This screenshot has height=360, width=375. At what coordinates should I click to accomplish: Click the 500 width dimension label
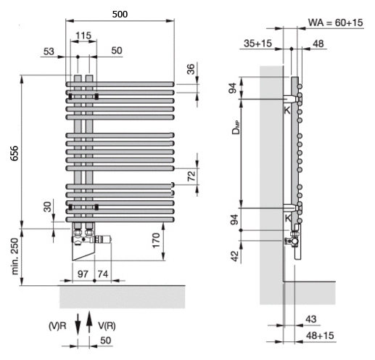click(x=120, y=15)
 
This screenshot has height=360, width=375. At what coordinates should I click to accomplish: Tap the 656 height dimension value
click(x=15, y=153)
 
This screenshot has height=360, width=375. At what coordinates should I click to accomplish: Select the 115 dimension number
click(x=83, y=36)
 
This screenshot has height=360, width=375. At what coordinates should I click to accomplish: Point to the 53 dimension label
click(x=49, y=52)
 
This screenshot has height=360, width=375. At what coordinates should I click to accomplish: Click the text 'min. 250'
click(x=15, y=256)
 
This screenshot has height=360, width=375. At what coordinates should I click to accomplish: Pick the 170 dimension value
click(x=156, y=240)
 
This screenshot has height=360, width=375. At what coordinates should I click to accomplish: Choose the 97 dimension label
click(x=83, y=274)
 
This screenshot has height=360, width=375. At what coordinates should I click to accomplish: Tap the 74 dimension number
click(x=103, y=274)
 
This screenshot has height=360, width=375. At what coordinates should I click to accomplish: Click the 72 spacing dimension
click(x=191, y=176)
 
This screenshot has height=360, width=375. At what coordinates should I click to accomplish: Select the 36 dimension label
click(x=191, y=69)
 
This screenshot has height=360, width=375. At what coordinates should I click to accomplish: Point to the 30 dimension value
click(x=48, y=207)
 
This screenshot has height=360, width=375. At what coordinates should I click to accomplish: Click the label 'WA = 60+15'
click(x=336, y=22)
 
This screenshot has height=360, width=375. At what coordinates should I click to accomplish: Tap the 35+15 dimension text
click(x=258, y=44)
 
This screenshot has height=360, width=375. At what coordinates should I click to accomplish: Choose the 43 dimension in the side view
click(x=311, y=319)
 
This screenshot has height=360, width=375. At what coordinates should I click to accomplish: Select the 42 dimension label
click(x=235, y=256)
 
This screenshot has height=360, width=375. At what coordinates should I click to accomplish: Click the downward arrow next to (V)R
click(x=78, y=324)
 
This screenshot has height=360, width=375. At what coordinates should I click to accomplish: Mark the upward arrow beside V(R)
click(x=89, y=322)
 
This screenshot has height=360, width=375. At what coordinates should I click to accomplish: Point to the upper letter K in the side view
click(x=287, y=110)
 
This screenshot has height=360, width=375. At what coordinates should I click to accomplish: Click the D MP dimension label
click(x=236, y=127)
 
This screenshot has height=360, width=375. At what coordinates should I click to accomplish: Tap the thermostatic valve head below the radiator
click(x=103, y=240)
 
